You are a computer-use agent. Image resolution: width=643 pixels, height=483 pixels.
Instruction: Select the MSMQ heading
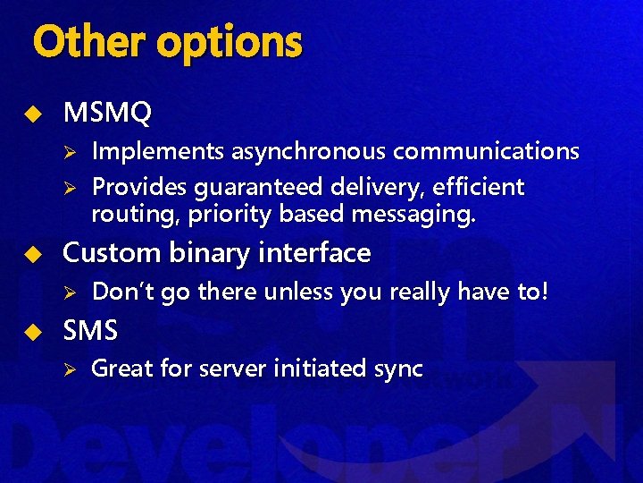pyautogui.click(x=107, y=113)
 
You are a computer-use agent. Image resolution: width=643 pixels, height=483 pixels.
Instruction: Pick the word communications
pyautogui.click(x=486, y=152)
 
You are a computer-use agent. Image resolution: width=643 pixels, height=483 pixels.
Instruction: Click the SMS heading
pyautogui.click(x=90, y=331)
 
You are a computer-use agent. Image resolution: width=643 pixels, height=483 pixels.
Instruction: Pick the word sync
pyautogui.click(x=395, y=369)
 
